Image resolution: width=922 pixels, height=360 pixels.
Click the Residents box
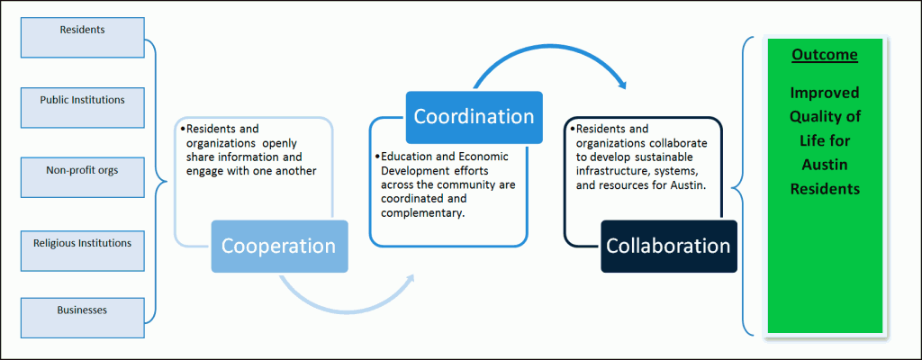point(82,38)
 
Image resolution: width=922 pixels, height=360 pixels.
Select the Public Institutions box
point(82,108)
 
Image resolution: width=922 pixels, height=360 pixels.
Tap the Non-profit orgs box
point(82,177)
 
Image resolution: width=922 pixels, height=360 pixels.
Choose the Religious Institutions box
point(82,250)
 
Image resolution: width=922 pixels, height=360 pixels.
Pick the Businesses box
point(82,318)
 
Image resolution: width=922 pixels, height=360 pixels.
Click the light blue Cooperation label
point(279,246)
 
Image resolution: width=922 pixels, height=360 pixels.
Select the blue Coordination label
point(474,117)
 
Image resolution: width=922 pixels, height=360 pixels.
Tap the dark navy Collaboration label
point(669,246)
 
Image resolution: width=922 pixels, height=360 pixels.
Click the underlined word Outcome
point(825,55)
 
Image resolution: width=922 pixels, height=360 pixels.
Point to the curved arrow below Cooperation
point(347,307)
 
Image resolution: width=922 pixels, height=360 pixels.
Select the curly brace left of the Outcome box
point(742,185)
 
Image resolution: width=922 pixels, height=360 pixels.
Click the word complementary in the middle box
point(423,213)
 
